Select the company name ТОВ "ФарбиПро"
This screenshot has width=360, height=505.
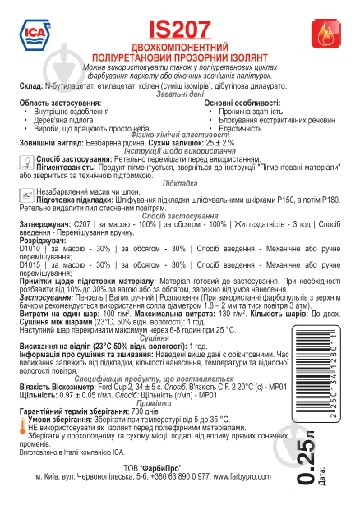[176, 465]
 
